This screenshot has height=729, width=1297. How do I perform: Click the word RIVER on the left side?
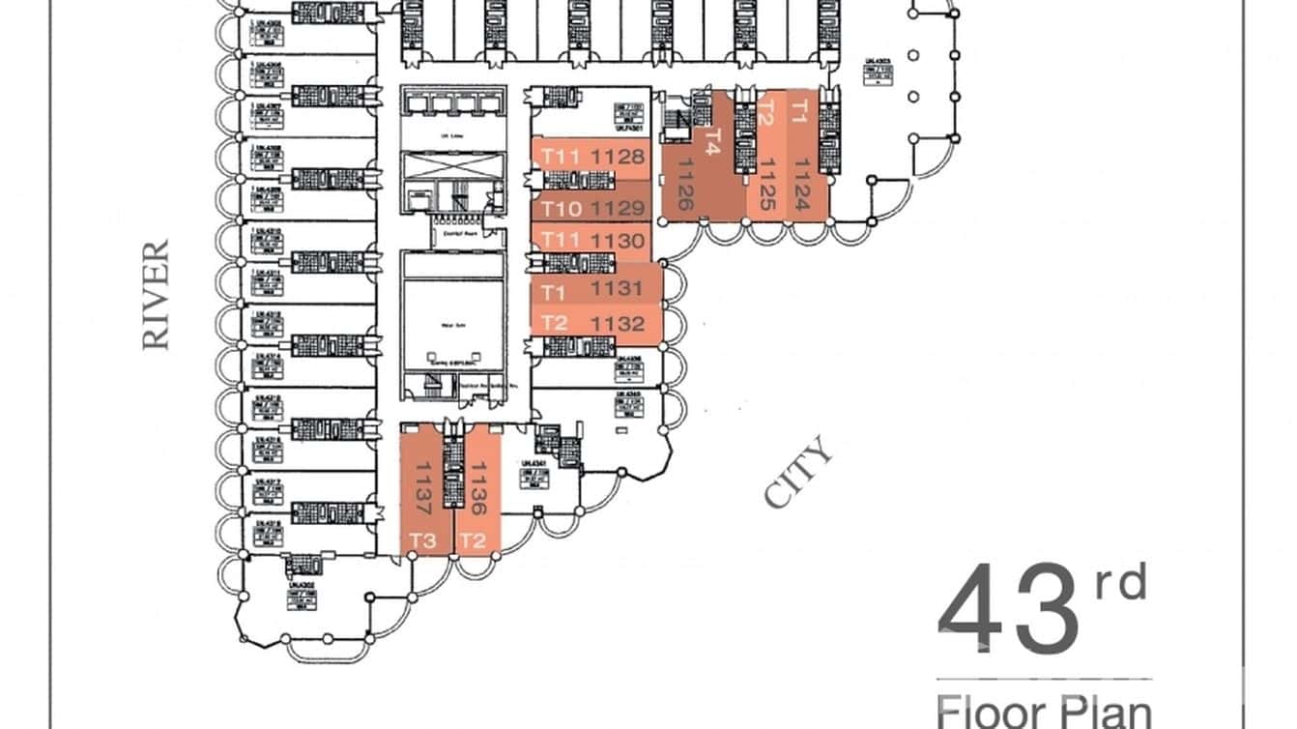pyautogui.click(x=156, y=295)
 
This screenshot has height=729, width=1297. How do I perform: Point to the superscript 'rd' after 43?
pyautogui.click(x=1120, y=585)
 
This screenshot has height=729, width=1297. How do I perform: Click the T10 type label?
pyautogui.click(x=561, y=208)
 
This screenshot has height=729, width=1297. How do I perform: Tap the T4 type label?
pyautogui.click(x=713, y=142)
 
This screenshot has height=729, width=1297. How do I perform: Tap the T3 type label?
pyautogui.click(x=423, y=540)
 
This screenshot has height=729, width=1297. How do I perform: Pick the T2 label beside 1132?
pyautogui.click(x=554, y=324)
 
